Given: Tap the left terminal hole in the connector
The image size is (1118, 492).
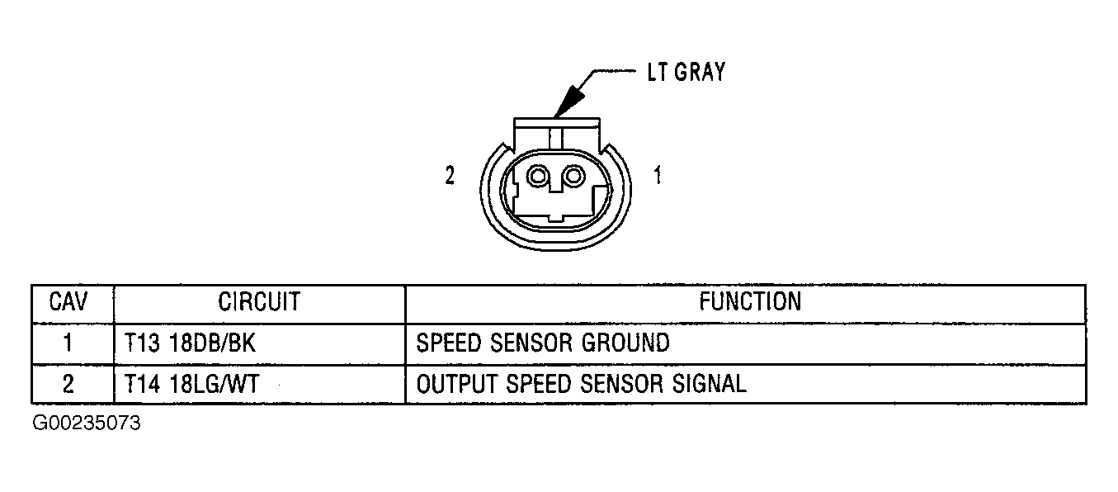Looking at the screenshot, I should point(540,176).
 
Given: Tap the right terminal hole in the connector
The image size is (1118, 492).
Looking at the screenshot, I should point(570,176).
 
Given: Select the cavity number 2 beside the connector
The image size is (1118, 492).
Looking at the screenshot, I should point(450,176).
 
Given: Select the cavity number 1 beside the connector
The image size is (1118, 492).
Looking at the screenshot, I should point(657,176).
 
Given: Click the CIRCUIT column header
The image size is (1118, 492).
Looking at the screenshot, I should point(258,302).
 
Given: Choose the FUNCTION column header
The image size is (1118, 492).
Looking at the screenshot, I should point(749,302).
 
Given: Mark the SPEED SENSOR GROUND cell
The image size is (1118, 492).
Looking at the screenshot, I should point(543,343).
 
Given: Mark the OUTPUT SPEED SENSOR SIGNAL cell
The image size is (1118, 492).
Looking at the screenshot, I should point(581,384).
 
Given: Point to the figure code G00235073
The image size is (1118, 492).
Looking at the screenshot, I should point(87,424).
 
